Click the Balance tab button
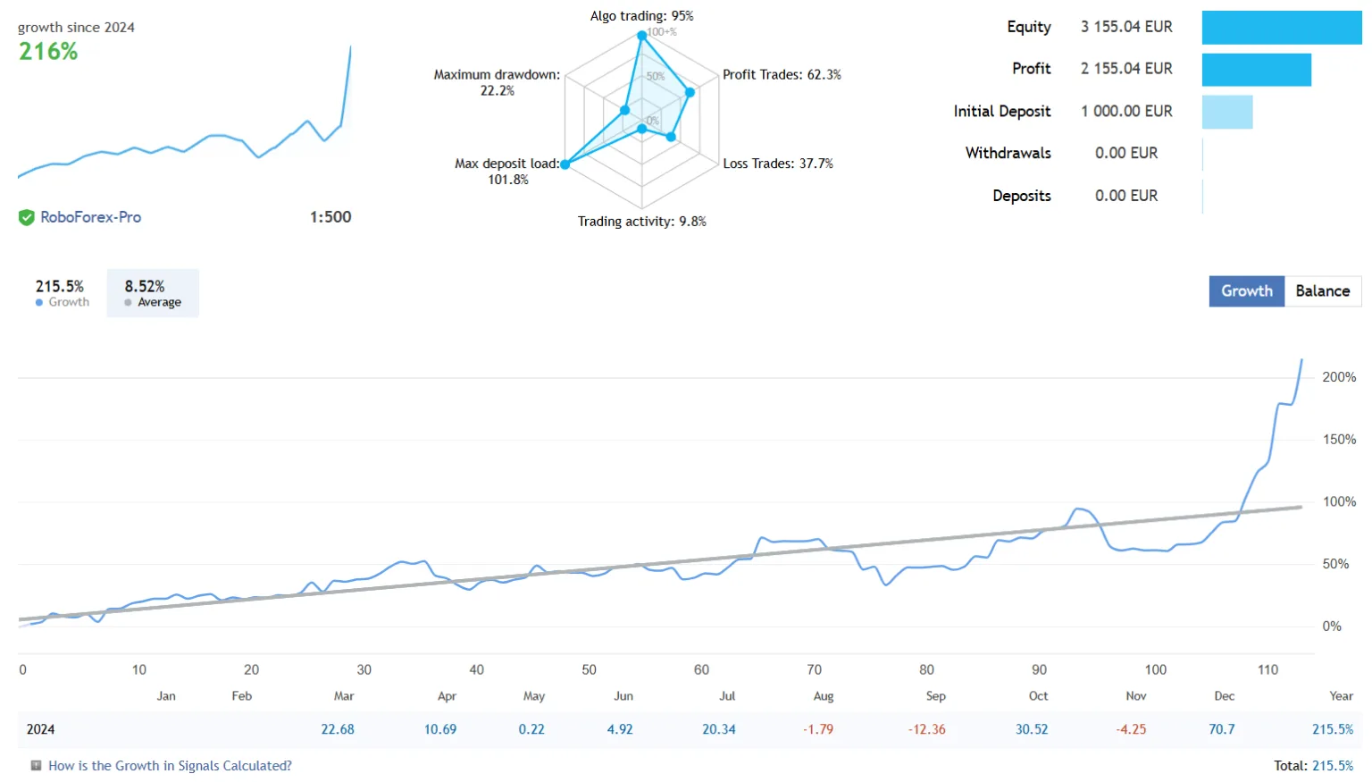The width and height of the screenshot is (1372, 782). (1322, 291)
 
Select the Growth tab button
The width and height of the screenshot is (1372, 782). (1246, 291)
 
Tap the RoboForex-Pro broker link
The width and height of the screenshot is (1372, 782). (90, 217)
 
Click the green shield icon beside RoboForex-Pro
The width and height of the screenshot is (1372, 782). (27, 217)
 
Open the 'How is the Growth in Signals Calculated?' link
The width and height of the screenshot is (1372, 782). (170, 766)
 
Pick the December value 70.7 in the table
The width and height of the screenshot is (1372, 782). (1221, 729)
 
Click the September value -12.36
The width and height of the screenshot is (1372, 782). (926, 729)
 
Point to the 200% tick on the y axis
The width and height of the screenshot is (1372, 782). (1338, 377)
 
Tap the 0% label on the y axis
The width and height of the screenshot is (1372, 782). (1331, 626)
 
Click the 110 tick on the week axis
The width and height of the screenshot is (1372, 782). (1267, 669)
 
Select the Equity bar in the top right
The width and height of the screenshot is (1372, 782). (1281, 28)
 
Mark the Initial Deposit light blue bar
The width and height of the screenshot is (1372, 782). (1226, 112)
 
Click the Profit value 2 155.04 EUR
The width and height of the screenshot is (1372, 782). (1126, 69)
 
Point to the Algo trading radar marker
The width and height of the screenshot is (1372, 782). (641, 36)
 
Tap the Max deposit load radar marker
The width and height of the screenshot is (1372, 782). (565, 164)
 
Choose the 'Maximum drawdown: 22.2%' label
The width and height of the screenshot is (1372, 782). (497, 82)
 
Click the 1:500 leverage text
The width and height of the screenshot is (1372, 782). (330, 217)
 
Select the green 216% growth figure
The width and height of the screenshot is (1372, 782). (48, 52)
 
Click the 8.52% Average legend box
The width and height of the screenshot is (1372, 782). (153, 293)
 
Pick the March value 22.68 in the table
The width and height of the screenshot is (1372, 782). (338, 729)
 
